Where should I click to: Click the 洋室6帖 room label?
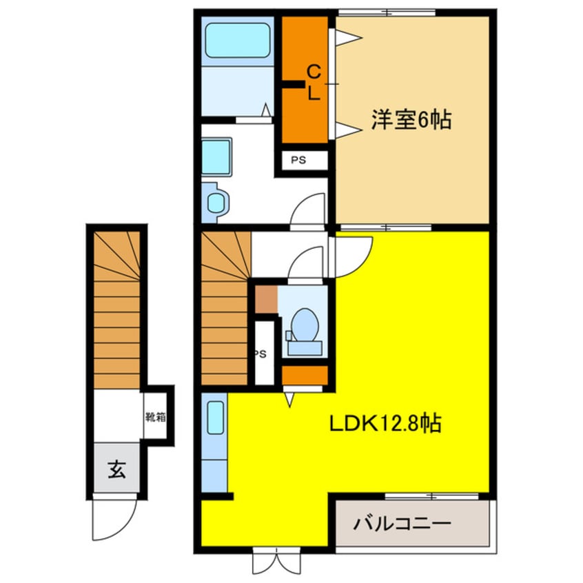tap(411, 121)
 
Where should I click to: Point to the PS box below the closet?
tap(298, 161)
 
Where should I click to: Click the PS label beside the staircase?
tap(260, 354)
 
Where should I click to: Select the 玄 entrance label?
tap(116, 472)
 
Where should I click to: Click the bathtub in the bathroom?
tap(238, 41)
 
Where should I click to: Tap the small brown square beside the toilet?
tap(266, 298)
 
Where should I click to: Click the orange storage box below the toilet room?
tap(305, 376)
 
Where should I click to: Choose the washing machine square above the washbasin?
tap(217, 156)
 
